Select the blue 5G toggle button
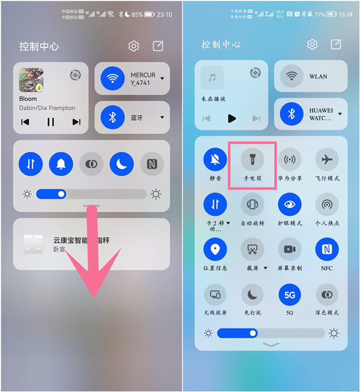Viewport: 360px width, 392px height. [x=289, y=294]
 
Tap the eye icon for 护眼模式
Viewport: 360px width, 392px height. [x=289, y=204]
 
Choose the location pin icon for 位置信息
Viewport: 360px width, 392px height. [x=215, y=249]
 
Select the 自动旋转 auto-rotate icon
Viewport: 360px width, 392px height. [x=252, y=204]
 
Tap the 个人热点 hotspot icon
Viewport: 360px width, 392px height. [x=326, y=204]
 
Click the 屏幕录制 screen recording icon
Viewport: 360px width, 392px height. [x=289, y=249]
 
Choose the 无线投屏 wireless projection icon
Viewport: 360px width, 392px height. [x=215, y=294]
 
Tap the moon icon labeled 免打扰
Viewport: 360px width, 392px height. [x=252, y=294]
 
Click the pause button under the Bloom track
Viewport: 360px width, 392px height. [x=50, y=122]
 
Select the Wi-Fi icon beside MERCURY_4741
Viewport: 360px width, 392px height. [x=112, y=79]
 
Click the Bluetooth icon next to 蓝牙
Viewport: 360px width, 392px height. [x=112, y=117]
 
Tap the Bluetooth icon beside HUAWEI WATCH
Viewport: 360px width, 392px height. [x=292, y=113]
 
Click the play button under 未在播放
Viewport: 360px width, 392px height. [x=232, y=118]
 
